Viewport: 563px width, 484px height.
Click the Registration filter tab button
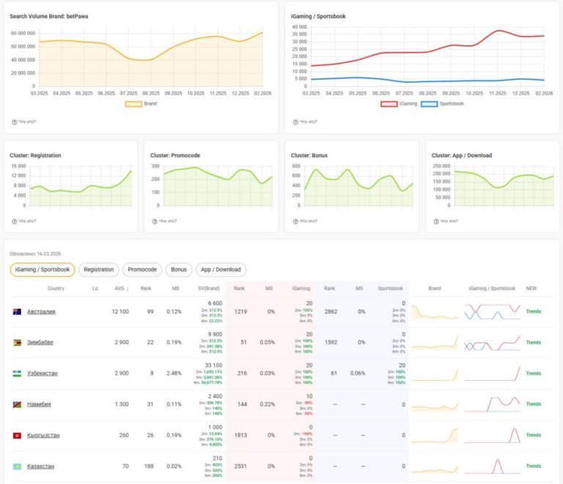point(98,269)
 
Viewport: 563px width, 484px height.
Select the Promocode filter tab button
point(142,269)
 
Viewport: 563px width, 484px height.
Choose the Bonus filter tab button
point(179,269)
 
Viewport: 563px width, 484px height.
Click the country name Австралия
point(41,311)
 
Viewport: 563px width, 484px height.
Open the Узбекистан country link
point(43,373)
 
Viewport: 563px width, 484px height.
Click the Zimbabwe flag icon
point(17,343)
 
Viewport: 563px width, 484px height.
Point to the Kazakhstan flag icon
point(17,466)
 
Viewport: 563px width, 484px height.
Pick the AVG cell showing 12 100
point(120,311)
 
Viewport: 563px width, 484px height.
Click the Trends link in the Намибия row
point(533,404)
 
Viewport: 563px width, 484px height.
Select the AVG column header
point(121,288)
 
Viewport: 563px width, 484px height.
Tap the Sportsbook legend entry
point(438,104)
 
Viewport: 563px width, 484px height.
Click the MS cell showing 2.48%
point(174,373)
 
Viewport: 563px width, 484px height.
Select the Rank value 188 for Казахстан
point(146,466)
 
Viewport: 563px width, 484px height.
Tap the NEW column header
point(531,288)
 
